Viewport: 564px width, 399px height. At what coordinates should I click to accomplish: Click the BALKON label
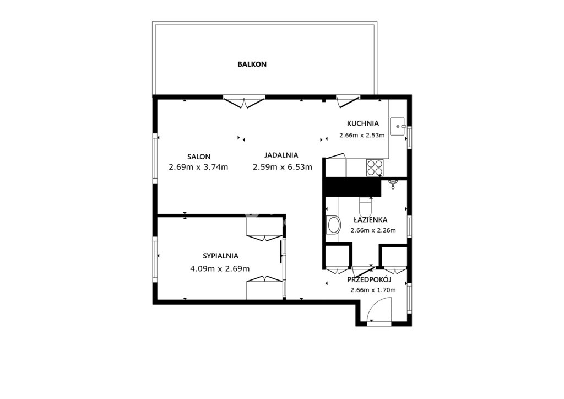(x=252, y=64)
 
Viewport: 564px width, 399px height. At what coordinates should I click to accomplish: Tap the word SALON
(x=199, y=157)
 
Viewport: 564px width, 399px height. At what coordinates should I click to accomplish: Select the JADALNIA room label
(x=281, y=155)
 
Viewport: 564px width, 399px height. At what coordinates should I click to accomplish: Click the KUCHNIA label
(x=363, y=123)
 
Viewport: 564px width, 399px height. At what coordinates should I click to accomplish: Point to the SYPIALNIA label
(x=220, y=256)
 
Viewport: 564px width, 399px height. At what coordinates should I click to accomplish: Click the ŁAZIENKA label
(x=371, y=219)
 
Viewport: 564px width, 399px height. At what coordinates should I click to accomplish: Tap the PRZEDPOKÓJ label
(x=369, y=279)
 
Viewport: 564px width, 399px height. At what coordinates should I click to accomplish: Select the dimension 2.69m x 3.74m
(x=198, y=168)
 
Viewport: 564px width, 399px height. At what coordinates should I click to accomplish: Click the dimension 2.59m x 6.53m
(x=283, y=168)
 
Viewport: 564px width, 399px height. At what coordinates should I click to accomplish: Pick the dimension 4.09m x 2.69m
(x=220, y=269)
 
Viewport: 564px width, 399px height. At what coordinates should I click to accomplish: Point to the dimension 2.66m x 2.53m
(x=362, y=136)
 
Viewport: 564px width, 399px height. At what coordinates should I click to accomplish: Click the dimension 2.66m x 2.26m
(x=373, y=230)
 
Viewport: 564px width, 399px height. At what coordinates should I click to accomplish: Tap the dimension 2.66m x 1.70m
(x=373, y=290)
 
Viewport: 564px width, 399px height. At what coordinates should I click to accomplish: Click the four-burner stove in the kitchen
(x=375, y=168)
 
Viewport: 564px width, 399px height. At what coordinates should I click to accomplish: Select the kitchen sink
(x=398, y=126)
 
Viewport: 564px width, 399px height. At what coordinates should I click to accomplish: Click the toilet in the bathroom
(x=366, y=207)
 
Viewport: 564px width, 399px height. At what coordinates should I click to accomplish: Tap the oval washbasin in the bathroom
(x=333, y=225)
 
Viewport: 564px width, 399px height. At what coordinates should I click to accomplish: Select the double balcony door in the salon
(x=244, y=102)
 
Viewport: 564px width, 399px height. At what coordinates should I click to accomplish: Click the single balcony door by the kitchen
(x=348, y=101)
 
